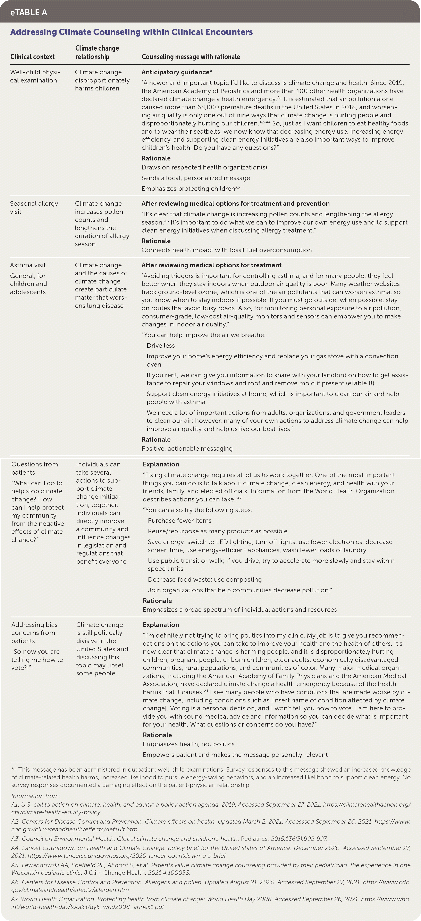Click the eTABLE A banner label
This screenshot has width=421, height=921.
tap(29, 12)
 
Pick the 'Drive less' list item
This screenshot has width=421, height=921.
tap(161, 346)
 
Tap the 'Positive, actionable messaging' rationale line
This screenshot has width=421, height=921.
tap(187, 449)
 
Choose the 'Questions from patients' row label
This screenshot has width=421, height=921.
tap(34, 468)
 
